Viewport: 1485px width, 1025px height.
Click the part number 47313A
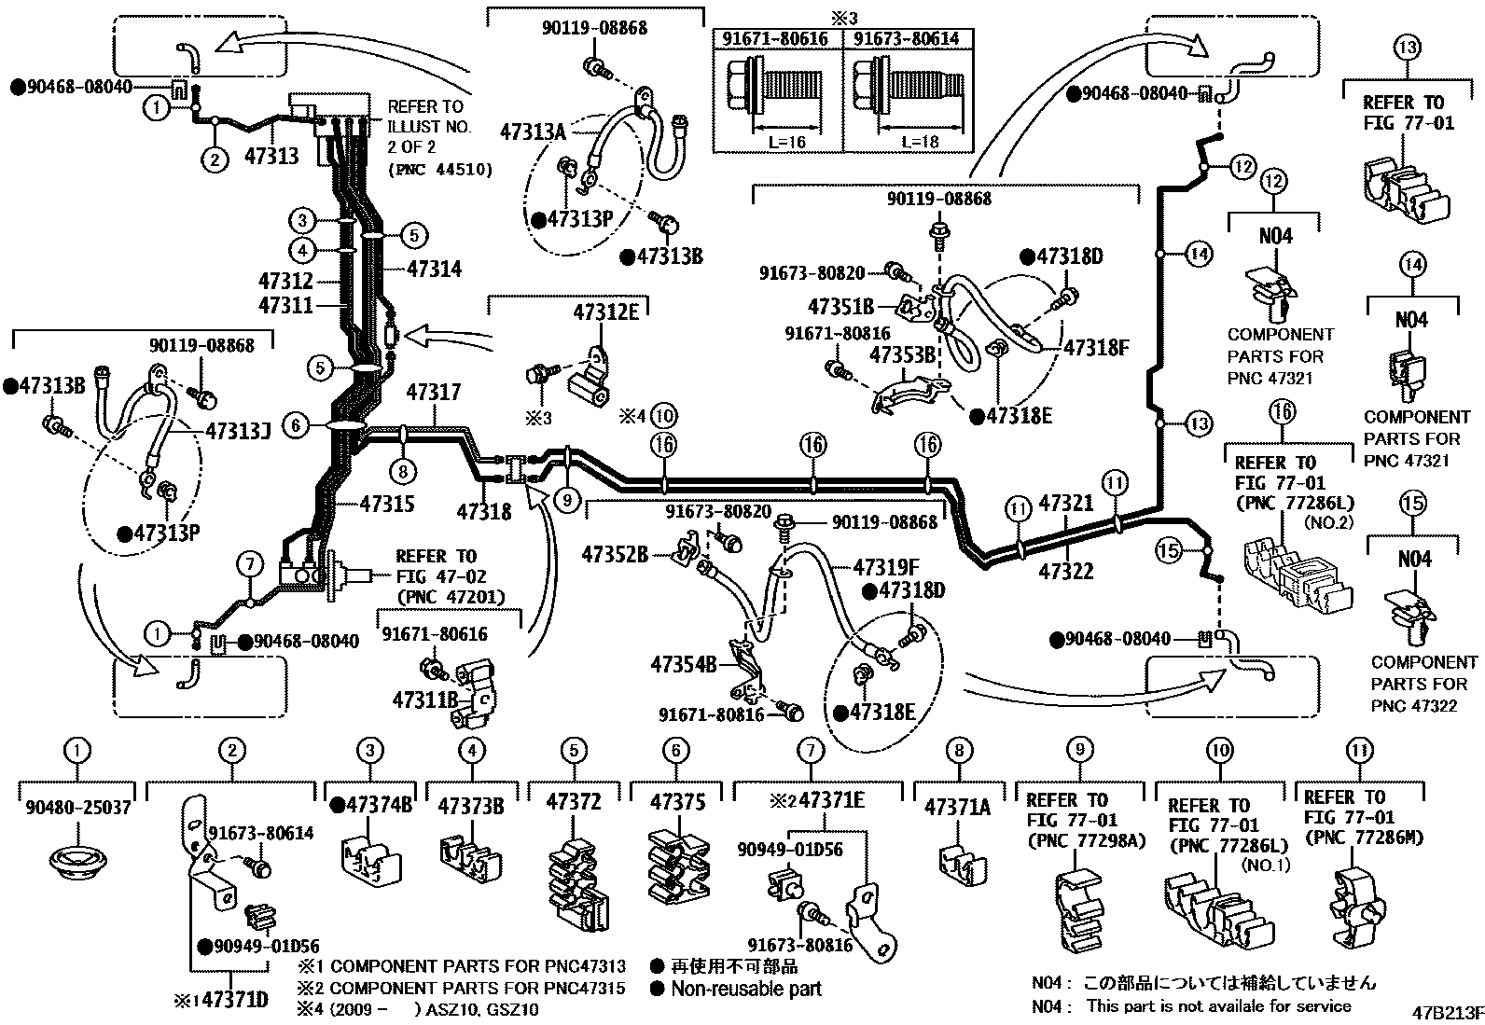tap(533, 132)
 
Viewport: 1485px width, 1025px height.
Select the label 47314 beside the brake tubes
tap(435, 269)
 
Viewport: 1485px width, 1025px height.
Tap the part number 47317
tap(434, 392)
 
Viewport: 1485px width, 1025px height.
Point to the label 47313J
tap(238, 432)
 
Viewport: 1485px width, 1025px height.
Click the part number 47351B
tap(840, 306)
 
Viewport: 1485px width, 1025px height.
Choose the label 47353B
tap(902, 354)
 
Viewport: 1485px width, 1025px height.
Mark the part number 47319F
tap(886, 568)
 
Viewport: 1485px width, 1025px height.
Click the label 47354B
tap(684, 664)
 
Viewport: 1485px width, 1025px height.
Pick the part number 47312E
tap(606, 312)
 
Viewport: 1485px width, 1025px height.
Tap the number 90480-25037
tap(78, 807)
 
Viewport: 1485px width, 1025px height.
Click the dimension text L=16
tap(787, 141)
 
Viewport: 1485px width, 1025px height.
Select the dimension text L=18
tap(920, 141)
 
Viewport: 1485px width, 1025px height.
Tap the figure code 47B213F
tap(1448, 1013)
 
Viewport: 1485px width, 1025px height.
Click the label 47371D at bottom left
tap(235, 1000)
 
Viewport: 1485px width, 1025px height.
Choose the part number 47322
tap(1066, 570)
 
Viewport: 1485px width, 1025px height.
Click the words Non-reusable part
tap(746, 989)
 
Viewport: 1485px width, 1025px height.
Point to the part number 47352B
tap(615, 554)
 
